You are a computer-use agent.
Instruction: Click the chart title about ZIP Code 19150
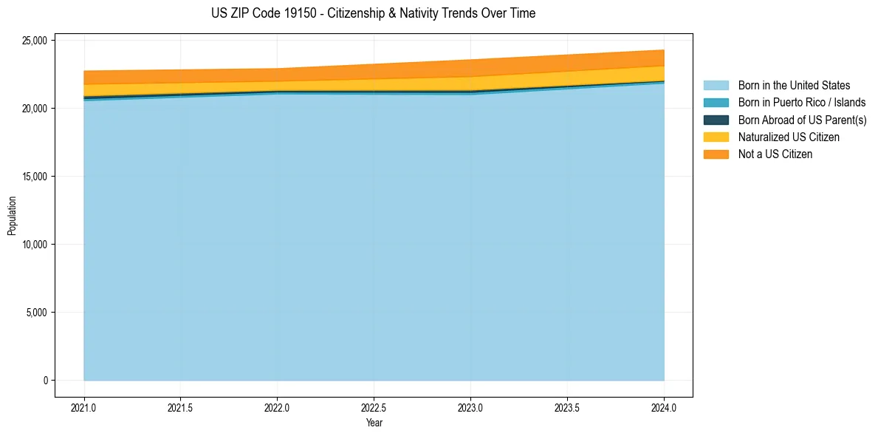click(x=374, y=13)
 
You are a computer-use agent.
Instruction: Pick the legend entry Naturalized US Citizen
click(x=789, y=137)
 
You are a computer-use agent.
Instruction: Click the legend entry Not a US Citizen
click(x=775, y=154)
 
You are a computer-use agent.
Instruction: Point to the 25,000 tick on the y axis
click(x=34, y=41)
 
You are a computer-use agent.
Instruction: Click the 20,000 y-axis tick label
click(x=34, y=109)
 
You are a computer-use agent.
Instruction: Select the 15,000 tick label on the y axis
click(x=34, y=177)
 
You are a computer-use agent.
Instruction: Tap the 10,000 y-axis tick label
click(x=34, y=245)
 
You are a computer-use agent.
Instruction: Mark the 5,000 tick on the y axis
click(x=36, y=313)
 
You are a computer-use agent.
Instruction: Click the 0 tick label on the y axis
click(x=44, y=381)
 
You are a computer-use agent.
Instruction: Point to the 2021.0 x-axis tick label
click(x=83, y=407)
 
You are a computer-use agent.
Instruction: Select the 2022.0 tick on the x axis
click(x=277, y=407)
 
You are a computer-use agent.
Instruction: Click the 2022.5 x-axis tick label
click(x=374, y=407)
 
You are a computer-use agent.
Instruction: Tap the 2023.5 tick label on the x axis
click(x=567, y=407)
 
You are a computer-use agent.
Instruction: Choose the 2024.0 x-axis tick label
click(x=664, y=407)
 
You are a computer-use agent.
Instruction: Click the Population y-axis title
click(x=12, y=216)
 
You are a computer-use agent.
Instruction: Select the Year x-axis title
click(x=374, y=423)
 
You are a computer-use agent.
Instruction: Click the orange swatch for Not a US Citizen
click(x=716, y=154)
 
